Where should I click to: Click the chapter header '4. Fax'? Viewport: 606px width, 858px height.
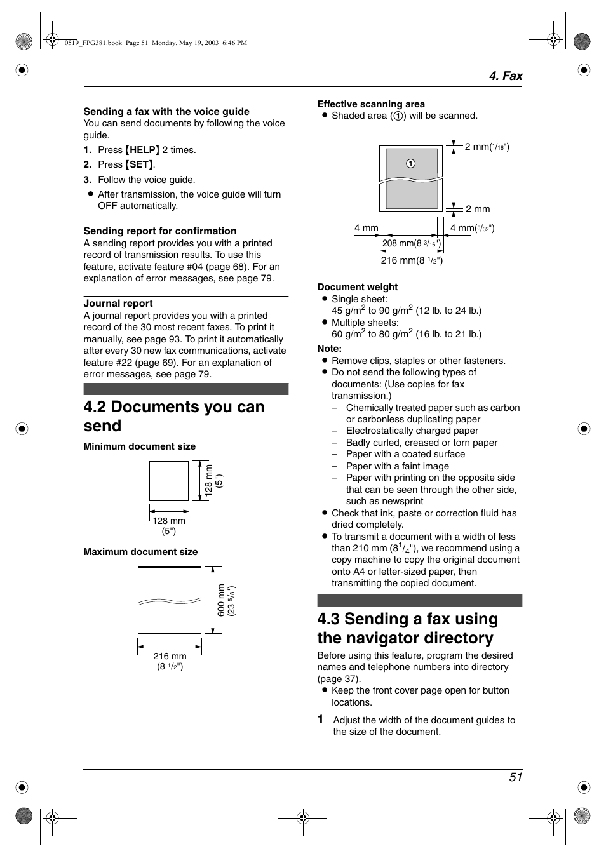[x=505, y=76]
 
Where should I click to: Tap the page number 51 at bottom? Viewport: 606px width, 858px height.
[x=515, y=777]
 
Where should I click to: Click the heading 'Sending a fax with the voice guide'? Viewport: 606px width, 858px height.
[x=166, y=112]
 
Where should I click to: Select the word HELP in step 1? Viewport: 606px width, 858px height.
[x=143, y=150]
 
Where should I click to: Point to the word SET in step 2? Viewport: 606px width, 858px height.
[x=139, y=164]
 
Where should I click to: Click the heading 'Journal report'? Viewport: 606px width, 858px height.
[x=118, y=304]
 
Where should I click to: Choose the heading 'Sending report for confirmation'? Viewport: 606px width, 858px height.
[x=160, y=231]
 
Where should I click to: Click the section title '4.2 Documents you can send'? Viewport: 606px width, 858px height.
[x=173, y=416]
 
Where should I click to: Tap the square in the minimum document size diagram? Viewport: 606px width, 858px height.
[x=169, y=481]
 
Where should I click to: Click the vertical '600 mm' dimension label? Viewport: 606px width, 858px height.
[x=221, y=600]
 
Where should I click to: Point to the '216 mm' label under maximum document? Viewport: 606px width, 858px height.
[x=170, y=656]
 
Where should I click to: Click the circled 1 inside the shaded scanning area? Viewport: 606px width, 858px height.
[x=411, y=163]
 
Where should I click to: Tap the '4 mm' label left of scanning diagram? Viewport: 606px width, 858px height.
[x=366, y=228]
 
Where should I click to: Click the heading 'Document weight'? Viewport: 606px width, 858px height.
[x=358, y=287]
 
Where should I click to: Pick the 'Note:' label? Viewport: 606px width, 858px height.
[x=329, y=349]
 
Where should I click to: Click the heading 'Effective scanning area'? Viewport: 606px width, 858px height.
[x=371, y=104]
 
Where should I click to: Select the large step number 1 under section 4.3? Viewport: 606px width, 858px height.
[x=321, y=720]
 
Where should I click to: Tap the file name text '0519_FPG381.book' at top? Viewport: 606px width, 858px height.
[x=93, y=43]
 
